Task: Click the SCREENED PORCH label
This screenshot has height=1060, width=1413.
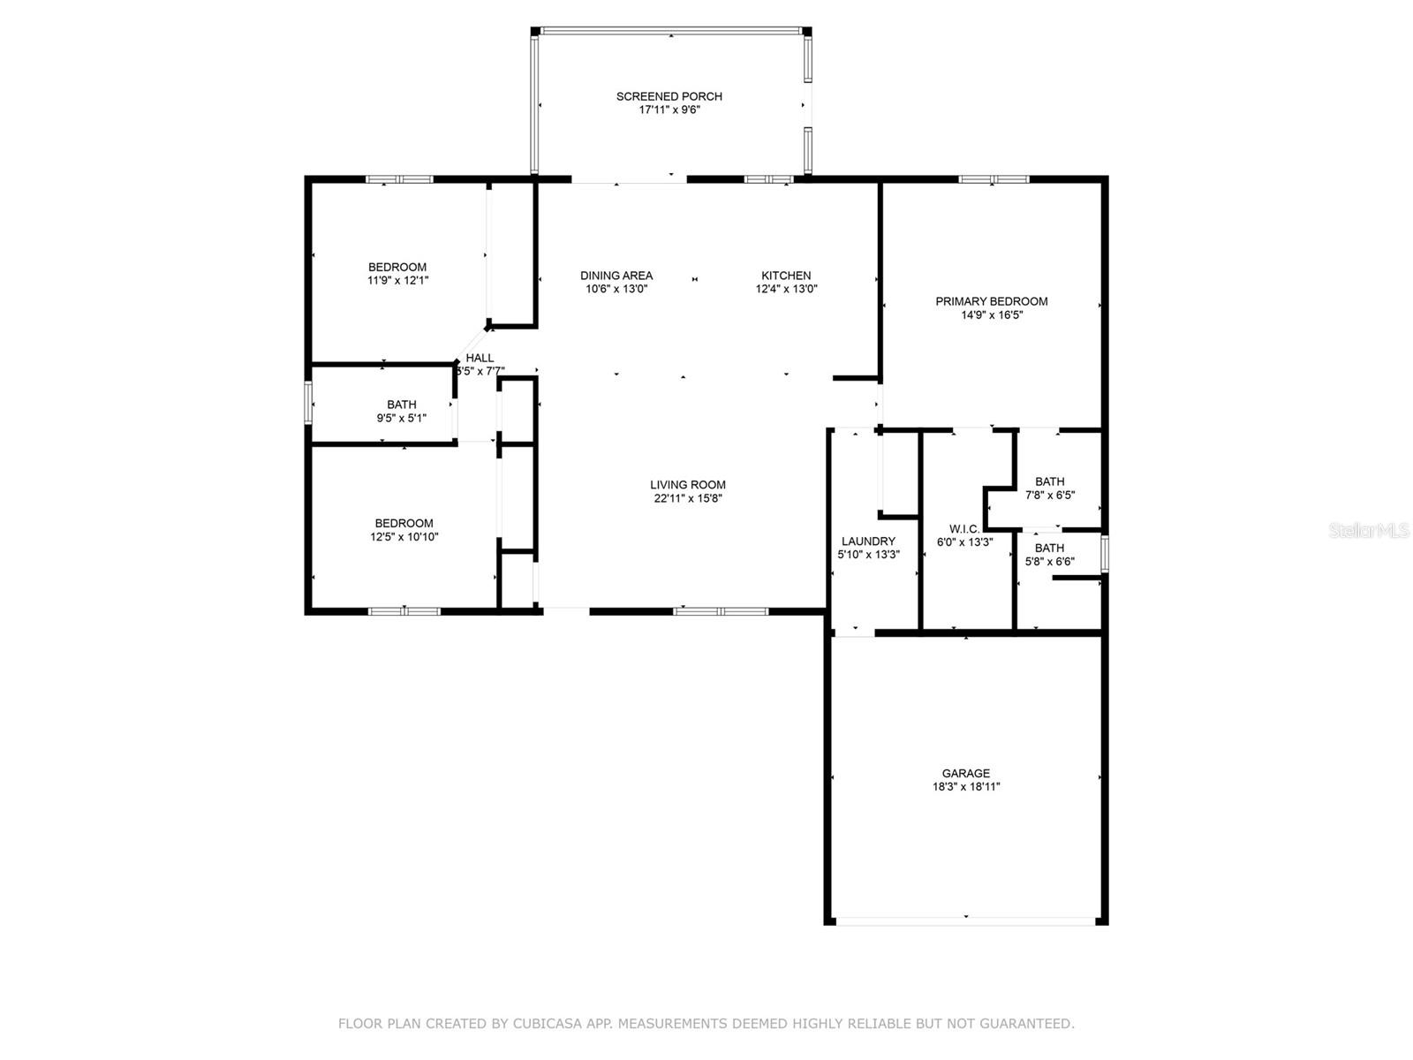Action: click(x=669, y=96)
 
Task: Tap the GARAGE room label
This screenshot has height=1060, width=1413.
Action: click(x=965, y=773)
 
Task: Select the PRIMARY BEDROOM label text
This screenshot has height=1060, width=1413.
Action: click(x=992, y=301)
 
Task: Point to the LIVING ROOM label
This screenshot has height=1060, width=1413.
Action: click(x=687, y=485)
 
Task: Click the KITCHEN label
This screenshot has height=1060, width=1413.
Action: click(x=786, y=276)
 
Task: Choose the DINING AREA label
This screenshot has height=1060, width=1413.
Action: click(x=616, y=276)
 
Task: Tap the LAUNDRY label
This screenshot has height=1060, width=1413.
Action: click(x=868, y=541)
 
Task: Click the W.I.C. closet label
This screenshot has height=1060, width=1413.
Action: click(x=964, y=529)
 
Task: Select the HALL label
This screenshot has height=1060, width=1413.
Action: click(x=480, y=358)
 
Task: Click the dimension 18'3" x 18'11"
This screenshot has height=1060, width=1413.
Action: click(x=965, y=786)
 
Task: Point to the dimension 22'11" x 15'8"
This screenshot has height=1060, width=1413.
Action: click(x=687, y=498)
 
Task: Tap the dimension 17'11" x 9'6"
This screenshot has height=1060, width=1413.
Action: click(x=669, y=110)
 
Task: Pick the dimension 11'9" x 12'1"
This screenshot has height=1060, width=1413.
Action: click(x=397, y=281)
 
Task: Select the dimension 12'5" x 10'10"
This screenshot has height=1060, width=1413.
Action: click(x=404, y=537)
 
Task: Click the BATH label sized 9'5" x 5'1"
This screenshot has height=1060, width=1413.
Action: click(x=401, y=405)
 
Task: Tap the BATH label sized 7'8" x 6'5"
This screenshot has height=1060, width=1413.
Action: click(x=1049, y=481)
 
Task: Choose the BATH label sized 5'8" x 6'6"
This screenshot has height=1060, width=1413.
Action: click(x=1049, y=549)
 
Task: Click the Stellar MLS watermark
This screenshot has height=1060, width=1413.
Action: click(x=1369, y=530)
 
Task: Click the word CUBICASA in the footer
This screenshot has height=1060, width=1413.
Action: click(x=548, y=1023)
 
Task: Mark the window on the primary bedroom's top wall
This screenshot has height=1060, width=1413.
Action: click(x=994, y=179)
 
